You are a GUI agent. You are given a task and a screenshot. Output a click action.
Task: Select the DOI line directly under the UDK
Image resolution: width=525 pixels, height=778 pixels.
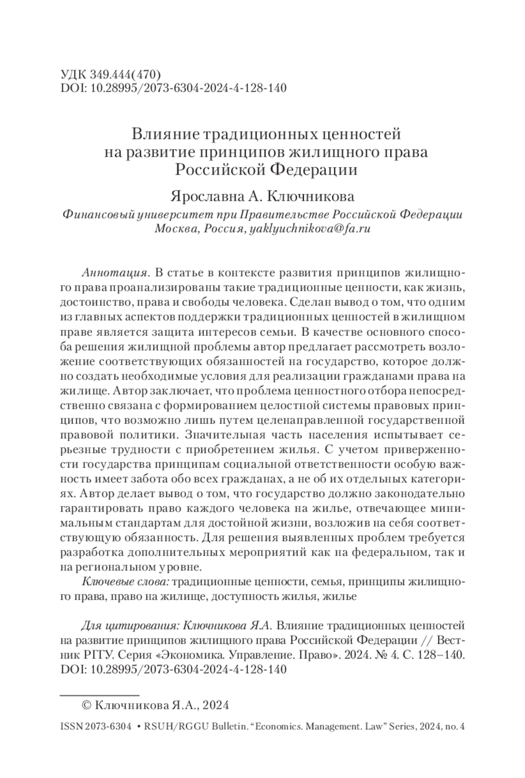click(x=173, y=88)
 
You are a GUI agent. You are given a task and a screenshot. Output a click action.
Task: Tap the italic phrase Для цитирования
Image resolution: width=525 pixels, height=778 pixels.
click(x=129, y=625)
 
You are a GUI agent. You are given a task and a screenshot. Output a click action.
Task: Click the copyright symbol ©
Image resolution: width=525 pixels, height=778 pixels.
click(x=87, y=705)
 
